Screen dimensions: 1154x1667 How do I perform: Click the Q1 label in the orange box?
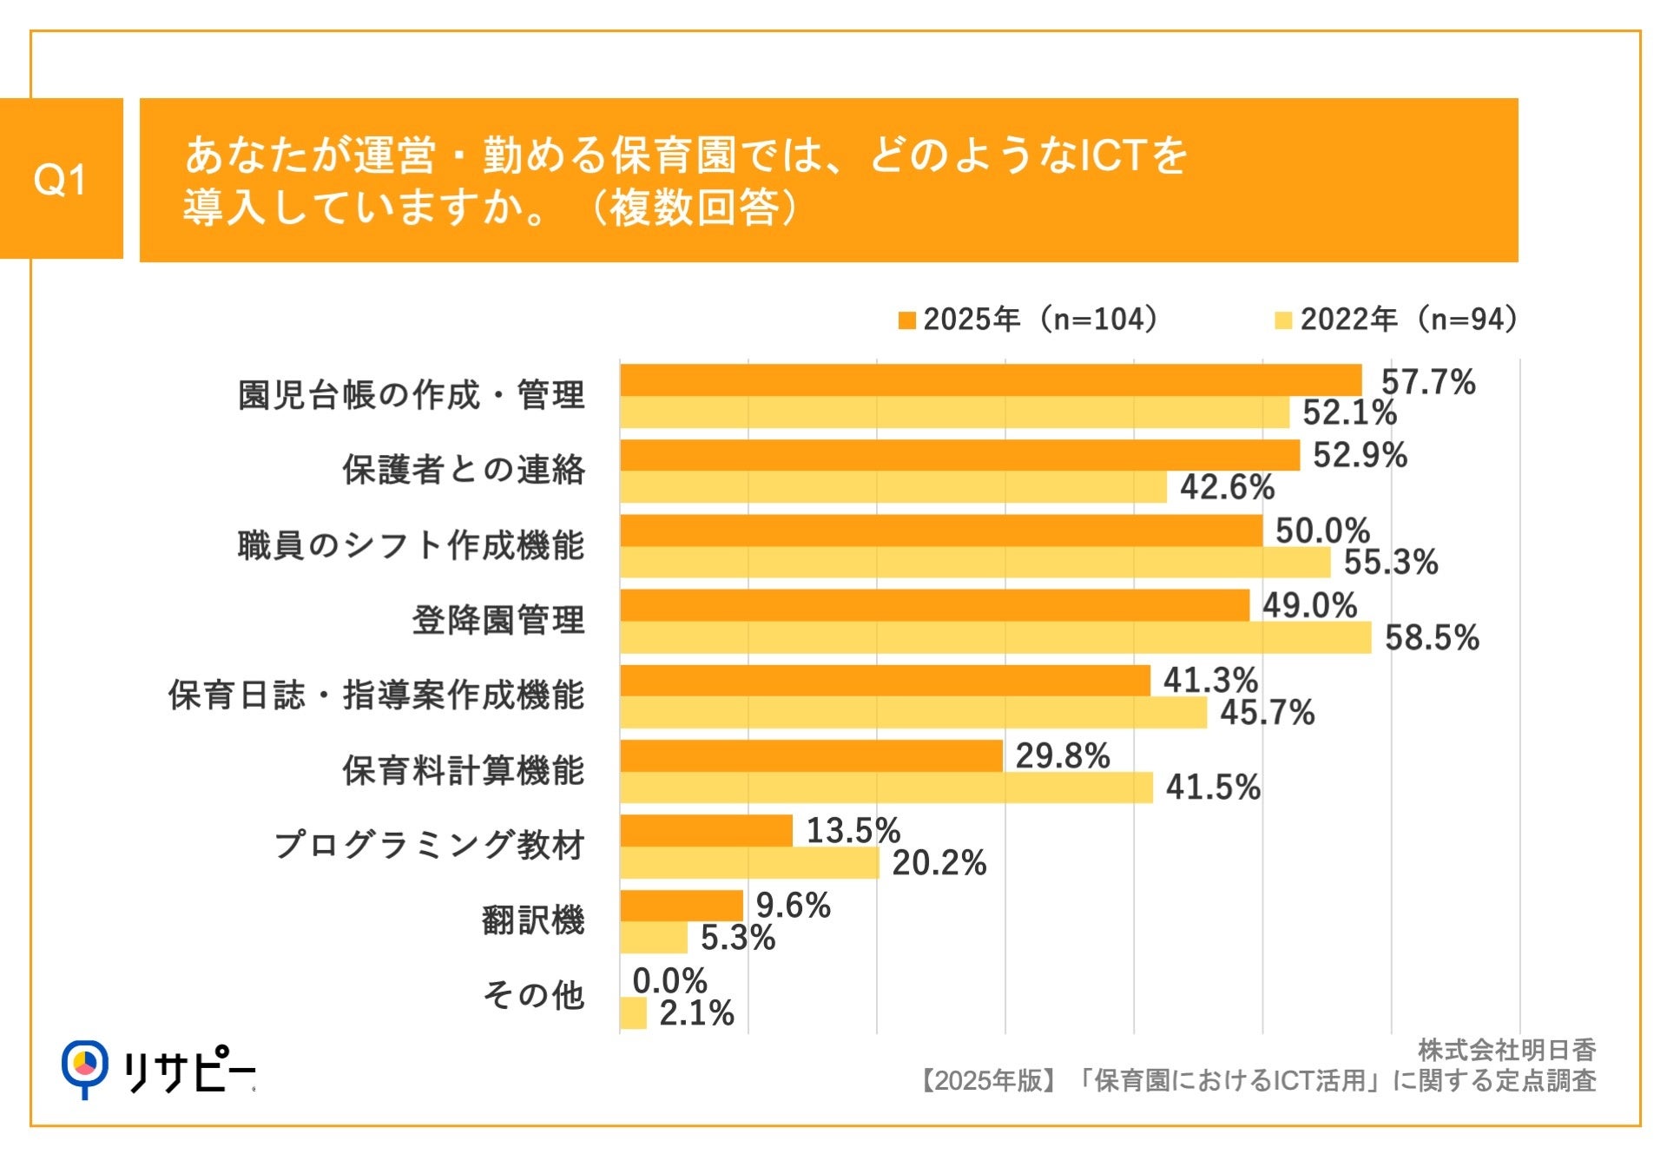(60, 180)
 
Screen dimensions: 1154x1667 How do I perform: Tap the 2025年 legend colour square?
(907, 320)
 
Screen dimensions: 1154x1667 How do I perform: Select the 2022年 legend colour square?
(1283, 320)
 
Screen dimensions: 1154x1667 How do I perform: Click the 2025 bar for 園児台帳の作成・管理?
(990, 380)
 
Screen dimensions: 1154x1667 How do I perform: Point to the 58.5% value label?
(1431, 638)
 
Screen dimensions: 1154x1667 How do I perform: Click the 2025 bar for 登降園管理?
(934, 605)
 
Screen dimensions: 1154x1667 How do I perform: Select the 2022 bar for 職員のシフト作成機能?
(974, 563)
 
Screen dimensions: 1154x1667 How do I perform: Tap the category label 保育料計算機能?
(463, 770)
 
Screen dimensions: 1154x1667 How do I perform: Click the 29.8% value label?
(1062, 756)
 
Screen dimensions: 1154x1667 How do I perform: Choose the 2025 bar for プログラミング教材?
(706, 830)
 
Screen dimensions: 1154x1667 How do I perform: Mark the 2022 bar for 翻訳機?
(653, 938)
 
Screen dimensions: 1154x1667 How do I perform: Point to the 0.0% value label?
(669, 981)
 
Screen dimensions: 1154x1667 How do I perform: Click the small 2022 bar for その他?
(633, 1013)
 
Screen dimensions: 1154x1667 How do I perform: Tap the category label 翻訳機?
(532, 920)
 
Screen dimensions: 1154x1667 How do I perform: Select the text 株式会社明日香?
(1506, 1051)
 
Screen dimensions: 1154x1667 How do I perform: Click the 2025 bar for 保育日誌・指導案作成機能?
(885, 681)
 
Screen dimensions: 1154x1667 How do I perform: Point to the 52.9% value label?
(1359, 456)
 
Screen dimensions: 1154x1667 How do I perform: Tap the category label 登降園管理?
(497, 621)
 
